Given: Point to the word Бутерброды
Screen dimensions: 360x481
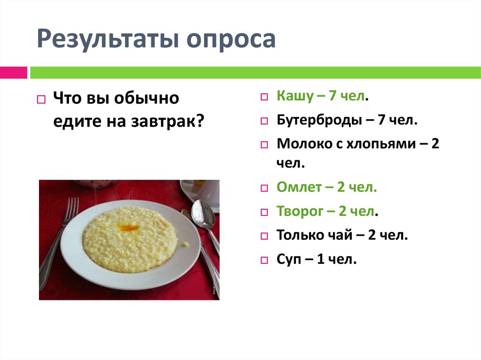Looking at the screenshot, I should (x=318, y=120).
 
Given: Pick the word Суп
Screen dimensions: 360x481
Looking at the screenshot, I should (x=289, y=258).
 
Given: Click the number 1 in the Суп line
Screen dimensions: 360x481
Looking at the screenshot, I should (x=321, y=258).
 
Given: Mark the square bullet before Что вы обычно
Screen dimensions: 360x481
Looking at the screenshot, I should (x=41, y=100).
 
